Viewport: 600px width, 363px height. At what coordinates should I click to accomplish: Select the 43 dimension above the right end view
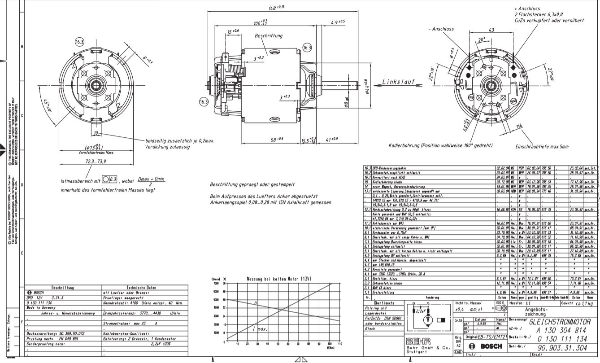coord(491,31)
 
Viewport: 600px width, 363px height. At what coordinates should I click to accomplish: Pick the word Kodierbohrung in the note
coord(407,145)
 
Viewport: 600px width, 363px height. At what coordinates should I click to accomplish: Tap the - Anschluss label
coord(441,29)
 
